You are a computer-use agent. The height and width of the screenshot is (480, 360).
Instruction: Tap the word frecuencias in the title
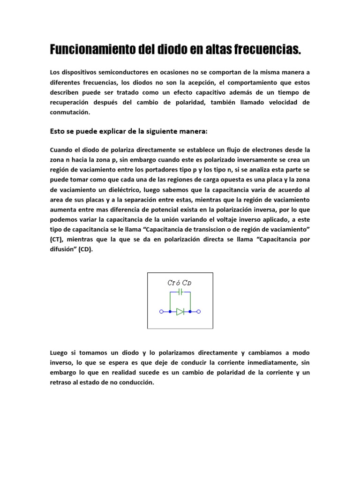[x=267, y=49]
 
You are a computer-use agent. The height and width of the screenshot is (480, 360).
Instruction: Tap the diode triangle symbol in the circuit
[x=180, y=311]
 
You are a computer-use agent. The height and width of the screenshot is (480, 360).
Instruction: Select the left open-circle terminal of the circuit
[x=161, y=311]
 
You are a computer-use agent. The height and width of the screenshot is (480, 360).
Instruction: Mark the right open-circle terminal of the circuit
[x=199, y=311]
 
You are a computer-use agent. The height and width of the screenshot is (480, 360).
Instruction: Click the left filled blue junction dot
[x=170, y=311]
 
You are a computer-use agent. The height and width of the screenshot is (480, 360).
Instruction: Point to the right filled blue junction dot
[x=190, y=311]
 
